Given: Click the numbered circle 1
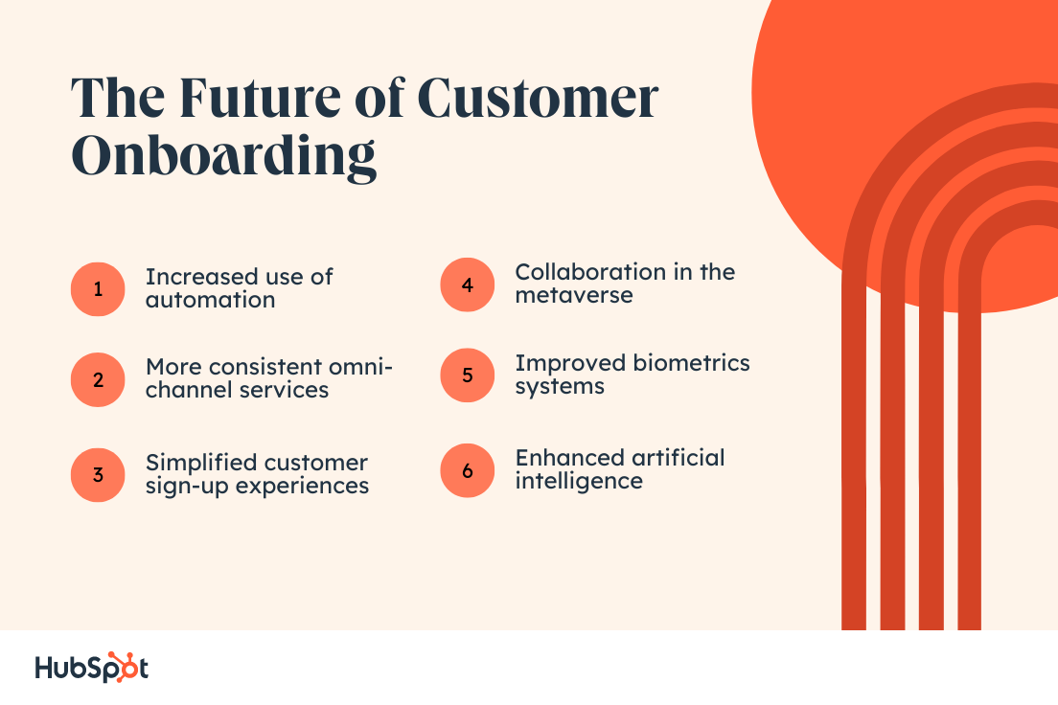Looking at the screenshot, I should tap(98, 288).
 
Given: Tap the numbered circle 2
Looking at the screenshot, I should tap(98, 379).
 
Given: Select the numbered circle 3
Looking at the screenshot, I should tap(98, 475).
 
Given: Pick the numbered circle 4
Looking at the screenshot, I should tap(467, 284).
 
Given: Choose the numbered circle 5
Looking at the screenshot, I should tap(467, 375).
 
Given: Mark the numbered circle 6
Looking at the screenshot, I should tap(467, 470).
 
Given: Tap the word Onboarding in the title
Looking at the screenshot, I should tap(224, 156).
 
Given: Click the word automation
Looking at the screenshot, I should tap(210, 300).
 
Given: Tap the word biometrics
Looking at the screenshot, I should tap(692, 364).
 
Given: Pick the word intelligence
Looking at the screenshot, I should tap(578, 481).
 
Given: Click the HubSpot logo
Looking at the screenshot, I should tap(91, 668).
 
